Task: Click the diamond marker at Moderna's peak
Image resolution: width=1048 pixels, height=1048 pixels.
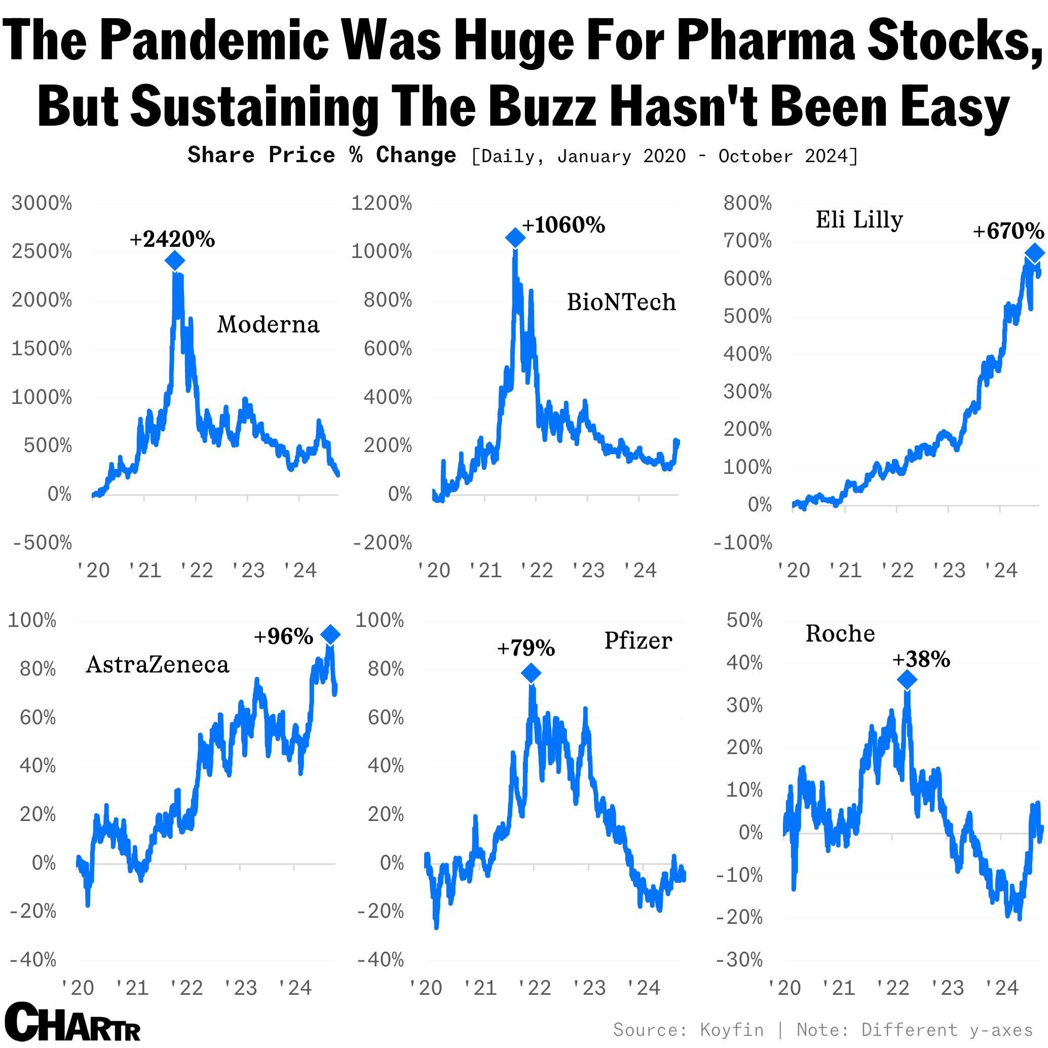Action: point(175,261)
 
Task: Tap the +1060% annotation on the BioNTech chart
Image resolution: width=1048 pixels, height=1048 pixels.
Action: point(564,225)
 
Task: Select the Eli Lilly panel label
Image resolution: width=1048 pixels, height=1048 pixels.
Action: point(859,220)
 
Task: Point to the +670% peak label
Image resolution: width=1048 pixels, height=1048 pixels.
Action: point(1008,231)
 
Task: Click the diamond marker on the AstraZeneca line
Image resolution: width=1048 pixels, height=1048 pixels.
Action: point(330,634)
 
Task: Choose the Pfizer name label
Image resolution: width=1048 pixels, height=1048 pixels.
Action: point(638,641)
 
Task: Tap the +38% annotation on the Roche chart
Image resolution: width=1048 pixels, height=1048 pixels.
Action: point(921,660)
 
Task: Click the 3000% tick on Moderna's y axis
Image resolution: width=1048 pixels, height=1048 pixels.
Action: point(42,203)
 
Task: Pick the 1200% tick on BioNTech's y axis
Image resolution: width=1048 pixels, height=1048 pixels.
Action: point(381,203)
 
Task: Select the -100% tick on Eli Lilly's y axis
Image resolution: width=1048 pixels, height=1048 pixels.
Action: point(742,542)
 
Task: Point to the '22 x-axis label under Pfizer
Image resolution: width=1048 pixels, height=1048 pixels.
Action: point(535,988)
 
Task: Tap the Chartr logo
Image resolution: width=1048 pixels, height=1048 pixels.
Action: point(73,1023)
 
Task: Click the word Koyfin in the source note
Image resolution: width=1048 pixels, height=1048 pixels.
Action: point(732,1030)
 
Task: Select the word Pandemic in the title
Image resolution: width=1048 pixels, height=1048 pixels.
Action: point(214,41)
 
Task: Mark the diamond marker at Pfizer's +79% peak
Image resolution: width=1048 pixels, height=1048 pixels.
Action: point(531,673)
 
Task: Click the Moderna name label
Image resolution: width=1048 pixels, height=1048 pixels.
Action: point(268,324)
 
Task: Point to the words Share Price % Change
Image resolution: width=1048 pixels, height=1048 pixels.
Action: point(322,155)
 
